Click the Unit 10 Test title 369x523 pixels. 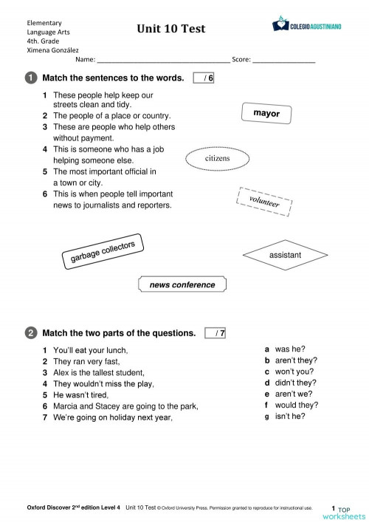pos(170,30)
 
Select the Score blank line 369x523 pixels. pos(283,60)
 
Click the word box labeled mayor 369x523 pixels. pos(266,114)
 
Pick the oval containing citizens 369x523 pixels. pos(217,158)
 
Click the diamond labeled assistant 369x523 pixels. pos(285,255)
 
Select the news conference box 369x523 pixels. pos(182,284)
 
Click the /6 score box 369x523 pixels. pos(203,78)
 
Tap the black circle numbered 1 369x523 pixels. pos(30,78)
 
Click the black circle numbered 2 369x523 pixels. pos(30,333)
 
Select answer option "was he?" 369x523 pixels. pos(289,349)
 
